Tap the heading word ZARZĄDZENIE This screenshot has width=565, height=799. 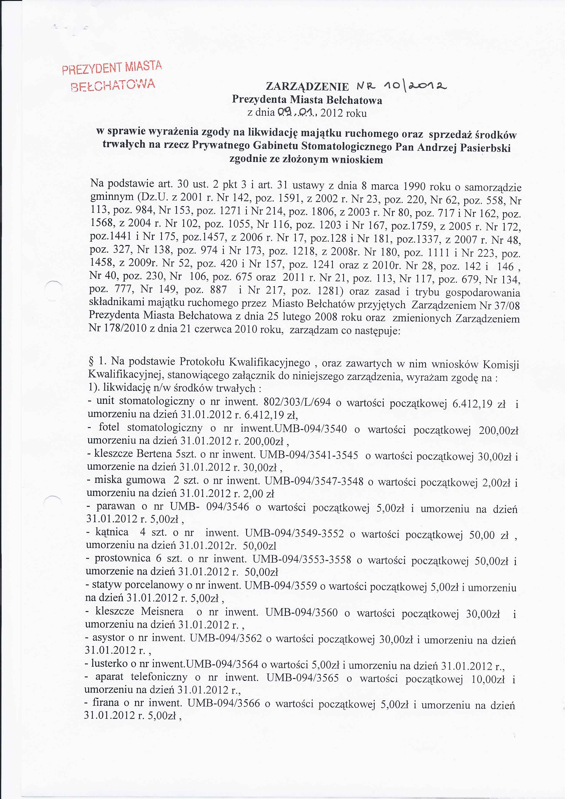(307, 87)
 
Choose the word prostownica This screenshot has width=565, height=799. (123, 558)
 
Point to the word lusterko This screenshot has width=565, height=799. (109, 663)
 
